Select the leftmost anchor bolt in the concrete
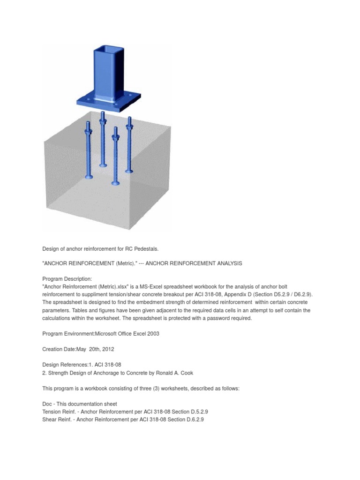[88, 150]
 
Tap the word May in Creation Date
[83, 349]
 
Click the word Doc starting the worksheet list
[48, 404]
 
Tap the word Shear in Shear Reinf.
[50, 420]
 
